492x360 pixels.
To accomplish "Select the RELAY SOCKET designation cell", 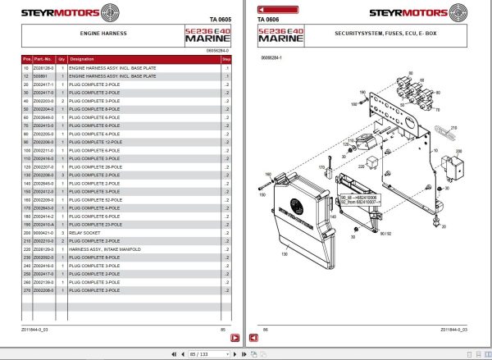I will tap(86, 232).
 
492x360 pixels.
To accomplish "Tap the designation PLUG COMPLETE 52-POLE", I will tap(96, 199).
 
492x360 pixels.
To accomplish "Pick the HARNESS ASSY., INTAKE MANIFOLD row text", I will tap(106, 248).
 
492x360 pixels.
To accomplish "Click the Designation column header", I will tap(82, 59).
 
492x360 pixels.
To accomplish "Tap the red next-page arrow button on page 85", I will tap(234, 337).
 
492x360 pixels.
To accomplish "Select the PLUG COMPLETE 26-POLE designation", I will tap(96, 166).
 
